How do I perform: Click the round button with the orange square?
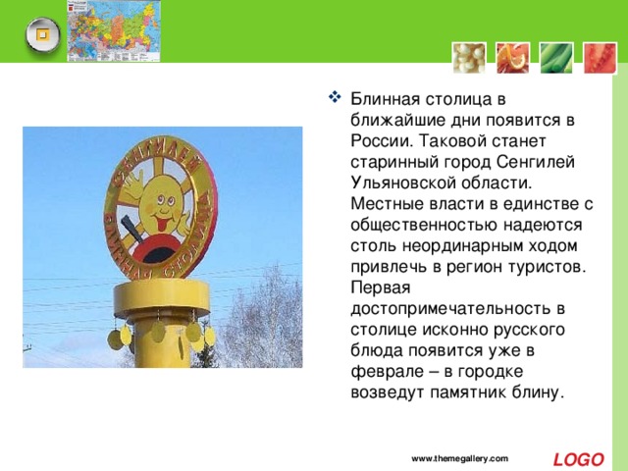[41, 35]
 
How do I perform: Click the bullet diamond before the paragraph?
[332, 98]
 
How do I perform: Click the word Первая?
[378, 288]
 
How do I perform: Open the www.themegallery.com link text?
[459, 459]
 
